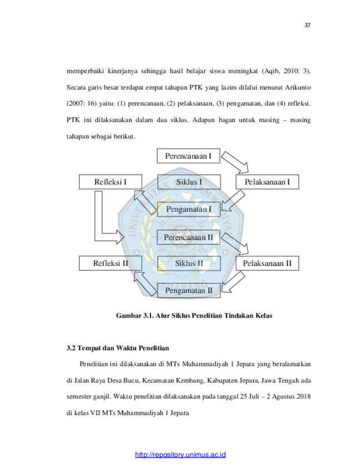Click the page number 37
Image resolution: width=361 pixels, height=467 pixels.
click(x=307, y=26)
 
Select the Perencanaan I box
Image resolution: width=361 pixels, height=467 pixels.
click(x=188, y=156)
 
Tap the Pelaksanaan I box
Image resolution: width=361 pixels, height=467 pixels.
click(x=267, y=182)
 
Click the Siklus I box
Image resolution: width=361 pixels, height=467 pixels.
click(x=189, y=182)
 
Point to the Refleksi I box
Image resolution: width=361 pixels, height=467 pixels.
click(x=111, y=182)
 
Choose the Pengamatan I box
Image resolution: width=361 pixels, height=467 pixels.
click(x=189, y=209)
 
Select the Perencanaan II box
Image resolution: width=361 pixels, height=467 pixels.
click(x=188, y=237)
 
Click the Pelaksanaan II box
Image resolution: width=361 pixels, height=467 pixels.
click(x=267, y=263)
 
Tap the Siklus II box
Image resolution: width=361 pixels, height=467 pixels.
click(x=189, y=263)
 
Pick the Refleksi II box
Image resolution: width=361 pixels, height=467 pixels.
click(x=111, y=263)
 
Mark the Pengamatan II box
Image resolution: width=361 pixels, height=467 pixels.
click(x=189, y=290)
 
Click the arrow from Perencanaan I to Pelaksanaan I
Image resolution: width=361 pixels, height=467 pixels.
click(x=235, y=162)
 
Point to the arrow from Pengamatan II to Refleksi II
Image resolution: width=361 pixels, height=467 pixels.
click(x=145, y=284)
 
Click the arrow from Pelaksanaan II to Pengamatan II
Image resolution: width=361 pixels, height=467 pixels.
click(x=233, y=282)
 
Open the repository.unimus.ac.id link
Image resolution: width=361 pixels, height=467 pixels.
click(x=180, y=455)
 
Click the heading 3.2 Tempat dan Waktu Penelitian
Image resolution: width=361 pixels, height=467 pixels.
click(x=118, y=348)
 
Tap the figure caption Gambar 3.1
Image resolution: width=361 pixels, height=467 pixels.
click(x=194, y=316)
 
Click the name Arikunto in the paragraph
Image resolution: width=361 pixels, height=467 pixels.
click(x=298, y=88)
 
